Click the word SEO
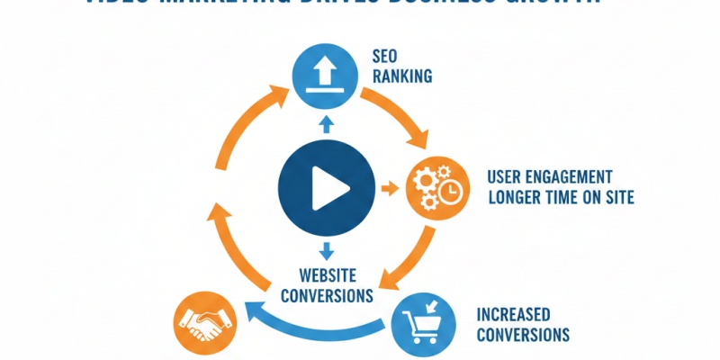384,55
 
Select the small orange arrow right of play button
389,189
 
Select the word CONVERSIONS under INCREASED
522,335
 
